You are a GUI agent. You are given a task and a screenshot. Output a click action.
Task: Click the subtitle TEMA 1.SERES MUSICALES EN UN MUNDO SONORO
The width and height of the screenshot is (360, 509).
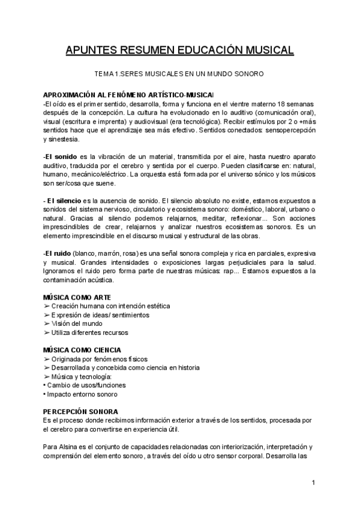point(180,74)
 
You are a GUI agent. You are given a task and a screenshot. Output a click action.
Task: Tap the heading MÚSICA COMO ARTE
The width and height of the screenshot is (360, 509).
point(77,298)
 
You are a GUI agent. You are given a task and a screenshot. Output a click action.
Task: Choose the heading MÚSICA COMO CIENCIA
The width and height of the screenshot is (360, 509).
point(82,350)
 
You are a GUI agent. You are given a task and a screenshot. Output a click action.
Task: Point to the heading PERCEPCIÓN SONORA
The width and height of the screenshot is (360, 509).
point(80,412)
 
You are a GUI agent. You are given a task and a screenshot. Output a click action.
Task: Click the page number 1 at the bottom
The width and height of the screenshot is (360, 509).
point(313,483)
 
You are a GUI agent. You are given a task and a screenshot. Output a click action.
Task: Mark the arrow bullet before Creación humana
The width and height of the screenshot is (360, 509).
point(47,306)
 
